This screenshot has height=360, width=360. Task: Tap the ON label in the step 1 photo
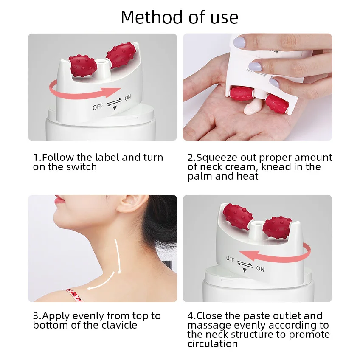128,98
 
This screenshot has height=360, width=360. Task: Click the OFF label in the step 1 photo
98,107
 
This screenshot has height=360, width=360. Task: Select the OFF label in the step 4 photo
230,259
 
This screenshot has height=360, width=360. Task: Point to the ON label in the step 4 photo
260,268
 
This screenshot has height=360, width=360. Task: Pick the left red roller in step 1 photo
82,66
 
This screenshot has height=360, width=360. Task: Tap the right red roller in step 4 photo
277,228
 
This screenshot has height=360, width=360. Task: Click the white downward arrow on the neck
118,256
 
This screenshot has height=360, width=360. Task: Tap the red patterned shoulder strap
74,295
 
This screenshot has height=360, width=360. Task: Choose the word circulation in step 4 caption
213,344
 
